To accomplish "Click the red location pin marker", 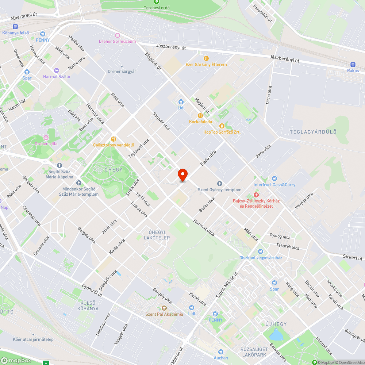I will pyautogui.click(x=182, y=174).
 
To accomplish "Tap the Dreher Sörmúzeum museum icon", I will pyautogui.click(x=118, y=35).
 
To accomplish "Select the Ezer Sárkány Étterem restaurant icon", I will pyautogui.click(x=206, y=58).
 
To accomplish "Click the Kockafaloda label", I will pyautogui.click(x=200, y=122).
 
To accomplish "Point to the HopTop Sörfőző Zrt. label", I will pyautogui.click(x=222, y=132).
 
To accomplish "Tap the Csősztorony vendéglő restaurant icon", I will pyautogui.click(x=114, y=139).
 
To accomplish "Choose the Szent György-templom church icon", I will pyautogui.click(x=219, y=183).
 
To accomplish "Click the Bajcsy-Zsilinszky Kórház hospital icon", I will pyautogui.click(x=256, y=195).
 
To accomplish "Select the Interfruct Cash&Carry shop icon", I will pyautogui.click(x=274, y=178).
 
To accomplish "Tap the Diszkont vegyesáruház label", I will pyautogui.click(x=261, y=258).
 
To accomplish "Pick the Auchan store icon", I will pyautogui.click(x=220, y=351).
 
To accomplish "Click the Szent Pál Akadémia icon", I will pyautogui.click(x=164, y=308).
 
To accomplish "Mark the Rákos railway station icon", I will pyautogui.click(x=353, y=64).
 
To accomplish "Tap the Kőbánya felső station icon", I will pyautogui.click(x=15, y=26).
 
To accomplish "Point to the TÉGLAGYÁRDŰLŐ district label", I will pyautogui.click(x=313, y=132).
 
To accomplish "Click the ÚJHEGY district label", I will pyautogui.click(x=276, y=324).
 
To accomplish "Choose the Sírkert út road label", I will pyautogui.click(x=351, y=257).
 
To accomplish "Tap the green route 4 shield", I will pyautogui.click(x=46, y=363).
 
